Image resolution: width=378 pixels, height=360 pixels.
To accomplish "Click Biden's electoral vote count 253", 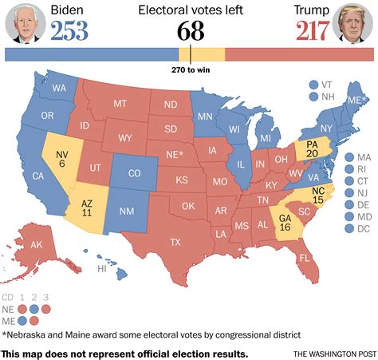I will coord(69,31).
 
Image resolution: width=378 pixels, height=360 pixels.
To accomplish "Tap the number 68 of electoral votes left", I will coord(189,32).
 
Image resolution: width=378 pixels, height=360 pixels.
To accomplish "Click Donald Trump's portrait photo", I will coord(354,22).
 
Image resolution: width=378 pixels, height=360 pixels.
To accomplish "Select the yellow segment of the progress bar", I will coord(201,54).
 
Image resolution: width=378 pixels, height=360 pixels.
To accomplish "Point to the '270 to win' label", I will coord(191,69).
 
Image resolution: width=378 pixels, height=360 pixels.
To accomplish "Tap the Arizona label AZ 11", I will coord(88,208).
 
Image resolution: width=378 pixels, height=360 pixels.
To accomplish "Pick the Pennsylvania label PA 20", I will coord(313,149).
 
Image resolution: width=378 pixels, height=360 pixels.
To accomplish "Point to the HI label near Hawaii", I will coord(102,269).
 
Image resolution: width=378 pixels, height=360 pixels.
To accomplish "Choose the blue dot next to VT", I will coord(313,84).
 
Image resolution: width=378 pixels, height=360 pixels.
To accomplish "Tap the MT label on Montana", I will coord(120,104).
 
